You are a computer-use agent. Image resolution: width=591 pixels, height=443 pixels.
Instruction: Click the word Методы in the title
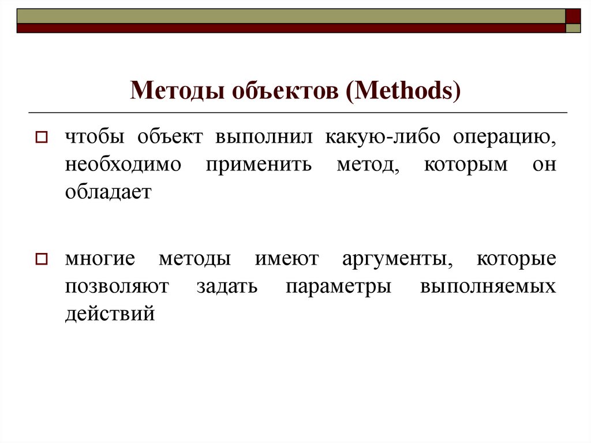click(178, 91)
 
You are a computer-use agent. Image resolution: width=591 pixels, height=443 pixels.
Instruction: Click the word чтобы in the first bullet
click(96, 138)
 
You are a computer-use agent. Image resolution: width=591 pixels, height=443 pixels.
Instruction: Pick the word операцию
click(504, 138)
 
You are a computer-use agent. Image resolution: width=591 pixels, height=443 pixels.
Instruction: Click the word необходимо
click(122, 165)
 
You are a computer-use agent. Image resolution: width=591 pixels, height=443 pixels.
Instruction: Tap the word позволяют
click(117, 286)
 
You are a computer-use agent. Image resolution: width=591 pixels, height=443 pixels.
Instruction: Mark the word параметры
click(338, 287)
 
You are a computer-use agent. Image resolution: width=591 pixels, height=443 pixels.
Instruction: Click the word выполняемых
click(488, 286)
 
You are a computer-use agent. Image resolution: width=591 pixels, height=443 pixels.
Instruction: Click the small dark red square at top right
click(573, 16)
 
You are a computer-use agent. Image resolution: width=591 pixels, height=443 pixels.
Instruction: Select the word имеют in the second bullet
click(286, 259)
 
